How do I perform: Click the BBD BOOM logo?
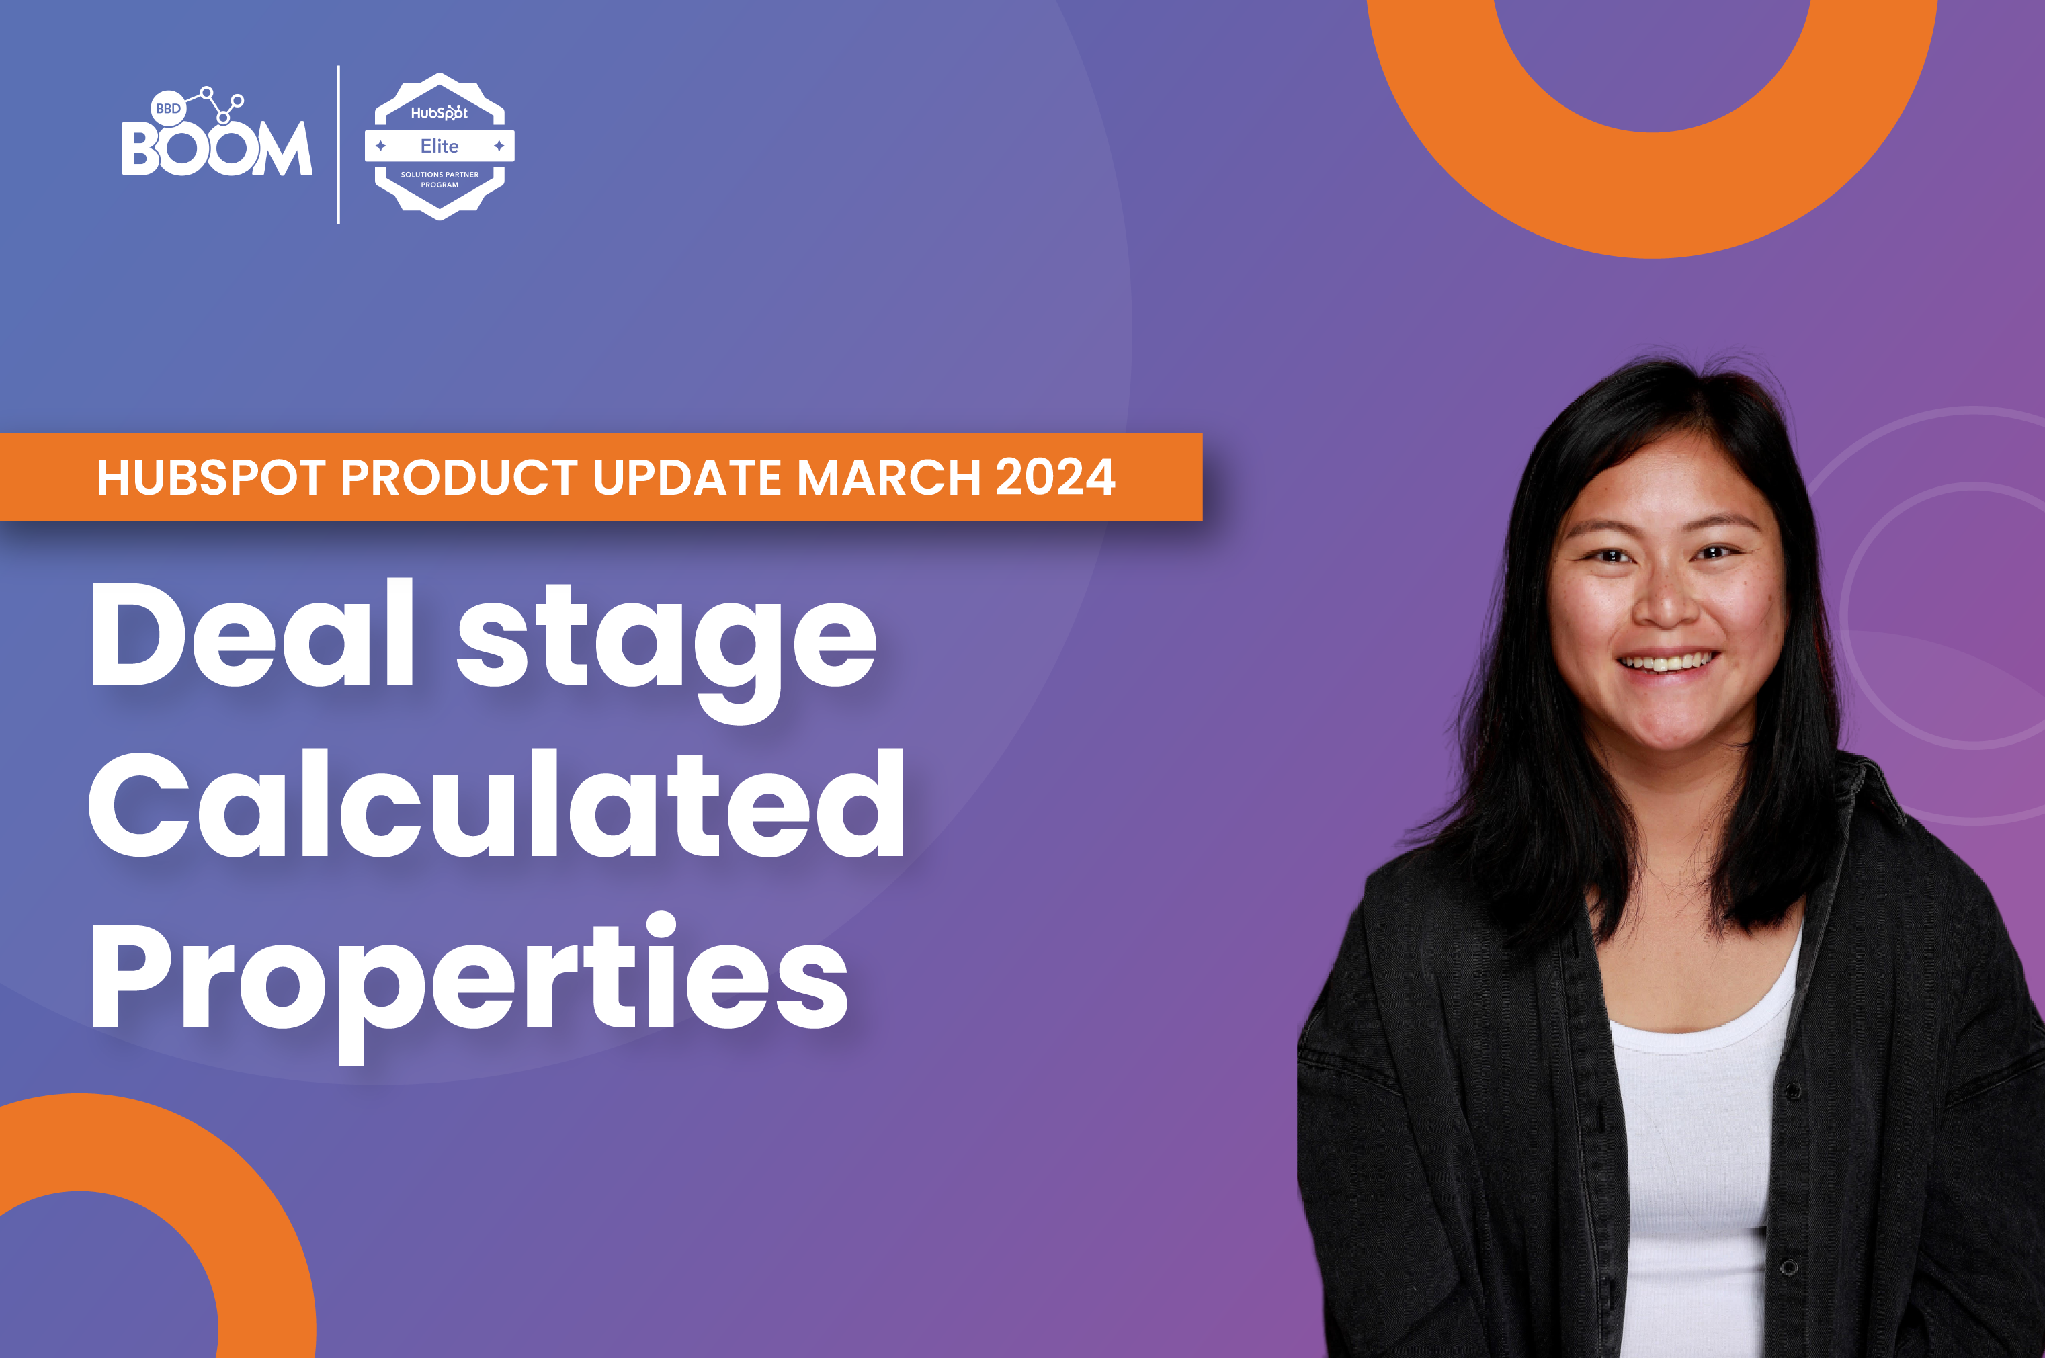click(216, 132)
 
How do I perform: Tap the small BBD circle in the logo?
click(168, 108)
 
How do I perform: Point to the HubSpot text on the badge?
click(439, 113)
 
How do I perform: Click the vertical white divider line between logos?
click(338, 144)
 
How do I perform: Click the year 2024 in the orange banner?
click(1055, 477)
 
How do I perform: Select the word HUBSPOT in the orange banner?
click(211, 477)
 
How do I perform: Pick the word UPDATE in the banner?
click(687, 477)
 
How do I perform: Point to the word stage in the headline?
click(667, 650)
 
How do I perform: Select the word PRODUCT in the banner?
click(459, 477)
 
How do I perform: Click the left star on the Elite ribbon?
click(380, 146)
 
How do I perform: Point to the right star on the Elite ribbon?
click(499, 146)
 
